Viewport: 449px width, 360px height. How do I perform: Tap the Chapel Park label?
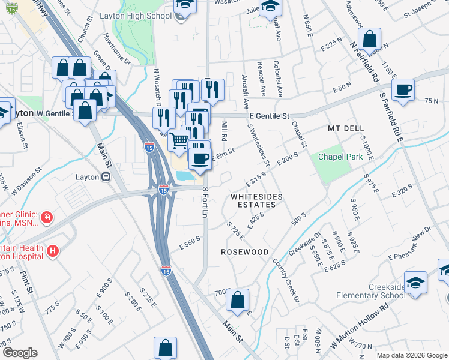[x=341, y=157]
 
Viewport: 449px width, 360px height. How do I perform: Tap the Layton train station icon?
[x=106, y=177]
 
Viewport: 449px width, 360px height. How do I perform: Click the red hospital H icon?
[x=53, y=251]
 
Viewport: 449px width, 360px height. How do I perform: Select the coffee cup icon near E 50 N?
[x=403, y=89]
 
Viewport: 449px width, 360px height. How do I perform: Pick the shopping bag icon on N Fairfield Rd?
[x=370, y=40]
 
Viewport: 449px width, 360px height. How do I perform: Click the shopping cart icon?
[x=179, y=141]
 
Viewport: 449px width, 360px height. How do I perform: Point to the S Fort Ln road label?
[x=205, y=203]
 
